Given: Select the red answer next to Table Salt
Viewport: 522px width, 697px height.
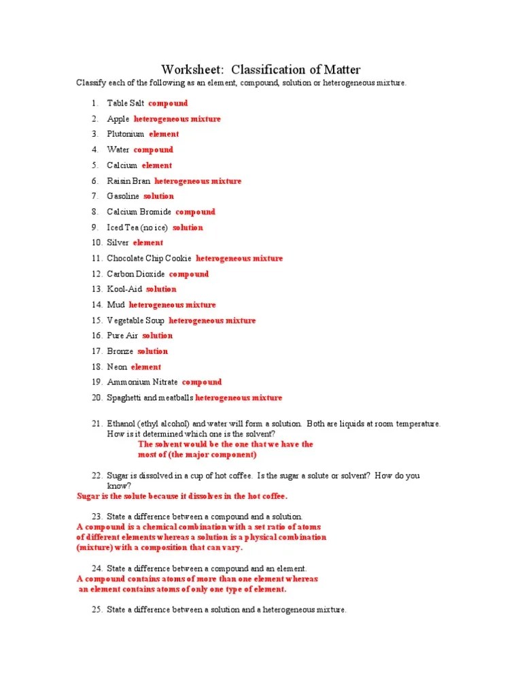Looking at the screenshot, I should (168, 103).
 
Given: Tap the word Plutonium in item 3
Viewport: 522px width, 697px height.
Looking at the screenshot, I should (126, 134).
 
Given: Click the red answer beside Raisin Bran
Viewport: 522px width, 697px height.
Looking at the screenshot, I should (198, 181).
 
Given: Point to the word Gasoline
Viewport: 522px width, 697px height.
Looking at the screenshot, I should (123, 196).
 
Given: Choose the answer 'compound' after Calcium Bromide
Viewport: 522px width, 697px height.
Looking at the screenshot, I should (195, 212).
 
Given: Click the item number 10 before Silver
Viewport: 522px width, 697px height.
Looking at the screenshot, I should (96, 243).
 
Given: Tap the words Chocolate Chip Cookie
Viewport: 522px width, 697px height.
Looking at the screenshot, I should (149, 259).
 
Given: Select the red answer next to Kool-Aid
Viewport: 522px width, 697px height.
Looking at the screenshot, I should (161, 289).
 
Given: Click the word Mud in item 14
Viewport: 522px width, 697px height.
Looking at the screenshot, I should (116, 305).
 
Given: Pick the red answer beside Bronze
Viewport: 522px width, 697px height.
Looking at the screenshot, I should (152, 351).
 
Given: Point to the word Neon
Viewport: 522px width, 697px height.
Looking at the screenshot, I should (117, 367).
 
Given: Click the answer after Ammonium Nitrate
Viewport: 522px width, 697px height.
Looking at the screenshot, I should (202, 383).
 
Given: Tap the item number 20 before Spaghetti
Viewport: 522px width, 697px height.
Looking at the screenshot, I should (96, 398).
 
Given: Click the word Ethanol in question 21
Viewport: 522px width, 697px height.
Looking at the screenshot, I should (122, 424).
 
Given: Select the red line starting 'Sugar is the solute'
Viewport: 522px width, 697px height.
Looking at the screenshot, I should (182, 496).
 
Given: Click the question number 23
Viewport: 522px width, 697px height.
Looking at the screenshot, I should (96, 517).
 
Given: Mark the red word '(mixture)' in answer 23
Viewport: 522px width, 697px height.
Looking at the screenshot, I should (94, 547).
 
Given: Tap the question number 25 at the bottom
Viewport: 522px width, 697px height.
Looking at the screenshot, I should (96, 610).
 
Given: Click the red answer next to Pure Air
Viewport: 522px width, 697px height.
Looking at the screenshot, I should (158, 336).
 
